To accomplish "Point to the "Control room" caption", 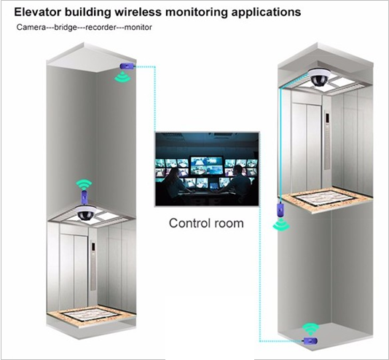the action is [206, 223].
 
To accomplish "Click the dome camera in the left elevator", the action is [87, 213].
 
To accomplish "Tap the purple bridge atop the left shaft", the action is [127, 66].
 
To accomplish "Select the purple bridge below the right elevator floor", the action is [280, 210].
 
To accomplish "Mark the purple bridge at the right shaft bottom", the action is [311, 341].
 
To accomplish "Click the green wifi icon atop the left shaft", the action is [122, 77].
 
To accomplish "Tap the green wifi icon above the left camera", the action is [84, 185].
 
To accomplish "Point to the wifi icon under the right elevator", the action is [281, 224].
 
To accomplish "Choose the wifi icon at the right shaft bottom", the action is [310, 329].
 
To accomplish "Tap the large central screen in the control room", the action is [206, 165].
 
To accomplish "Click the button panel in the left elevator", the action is [93, 265].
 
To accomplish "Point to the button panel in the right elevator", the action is [328, 141].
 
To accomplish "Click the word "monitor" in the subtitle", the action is [138, 27].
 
